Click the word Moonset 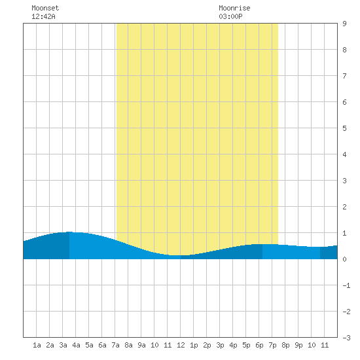pyautogui.click(x=45, y=8)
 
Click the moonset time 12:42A pyautogui.click(x=43, y=16)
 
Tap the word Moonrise pyautogui.click(x=234, y=8)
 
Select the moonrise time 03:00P pyautogui.click(x=230, y=16)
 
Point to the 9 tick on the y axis pyautogui.click(x=344, y=24)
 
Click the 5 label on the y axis pyautogui.click(x=344, y=128)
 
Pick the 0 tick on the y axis pyautogui.click(x=344, y=259)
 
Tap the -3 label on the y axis pyautogui.click(x=346, y=338)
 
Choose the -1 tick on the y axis pyautogui.click(x=346, y=285)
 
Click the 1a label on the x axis pyautogui.click(x=37, y=345)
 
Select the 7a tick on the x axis pyautogui.click(x=115, y=345)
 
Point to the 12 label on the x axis pyautogui.click(x=181, y=345)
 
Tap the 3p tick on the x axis pyautogui.click(x=220, y=345)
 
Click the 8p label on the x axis pyautogui.click(x=285, y=345)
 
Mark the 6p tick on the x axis pyautogui.click(x=259, y=345)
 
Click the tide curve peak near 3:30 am pyautogui.click(x=69, y=232)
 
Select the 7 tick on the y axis pyautogui.click(x=344, y=76)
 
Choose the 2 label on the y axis pyautogui.click(x=344, y=207)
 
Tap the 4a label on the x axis pyautogui.click(x=76, y=345)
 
